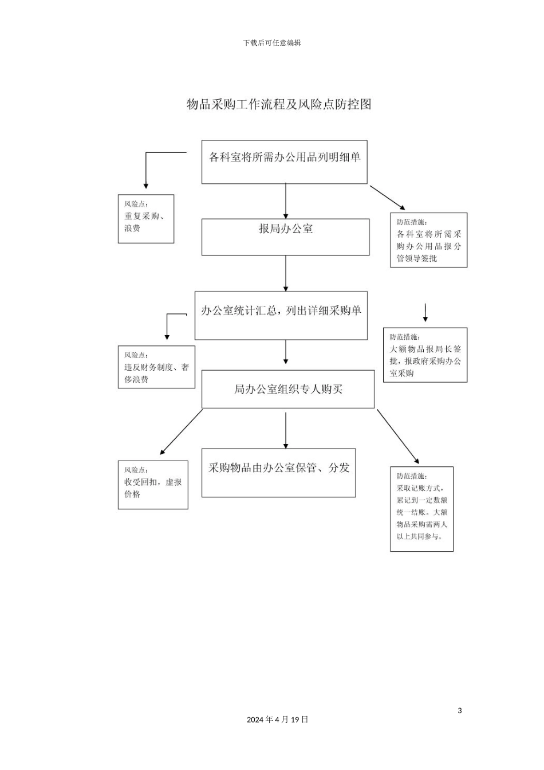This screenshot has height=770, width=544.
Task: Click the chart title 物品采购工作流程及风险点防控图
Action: tap(279, 104)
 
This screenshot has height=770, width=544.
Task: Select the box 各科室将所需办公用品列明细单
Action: tap(284, 162)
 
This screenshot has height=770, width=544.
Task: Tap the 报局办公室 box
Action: tap(285, 237)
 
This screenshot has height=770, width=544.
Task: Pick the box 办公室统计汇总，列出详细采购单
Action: tap(281, 316)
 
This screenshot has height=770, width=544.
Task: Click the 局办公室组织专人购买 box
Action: tap(287, 389)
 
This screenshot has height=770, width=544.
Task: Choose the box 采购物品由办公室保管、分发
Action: tap(278, 473)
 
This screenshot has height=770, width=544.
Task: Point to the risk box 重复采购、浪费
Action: tap(145, 219)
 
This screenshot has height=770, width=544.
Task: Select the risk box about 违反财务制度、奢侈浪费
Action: tap(156, 367)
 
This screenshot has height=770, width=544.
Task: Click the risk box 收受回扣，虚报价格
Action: tap(153, 485)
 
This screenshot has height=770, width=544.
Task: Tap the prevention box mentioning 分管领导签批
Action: tap(428, 240)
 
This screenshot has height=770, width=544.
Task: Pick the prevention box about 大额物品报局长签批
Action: tap(425, 355)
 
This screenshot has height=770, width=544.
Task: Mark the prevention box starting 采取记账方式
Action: tap(421, 509)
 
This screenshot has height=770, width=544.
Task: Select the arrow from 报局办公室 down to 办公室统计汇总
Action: tap(286, 273)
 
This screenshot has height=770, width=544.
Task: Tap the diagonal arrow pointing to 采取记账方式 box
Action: tap(397, 436)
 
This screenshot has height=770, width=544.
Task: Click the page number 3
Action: tap(459, 711)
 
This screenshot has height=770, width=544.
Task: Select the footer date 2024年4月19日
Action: tap(278, 720)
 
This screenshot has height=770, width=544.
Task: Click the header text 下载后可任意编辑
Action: tap(272, 43)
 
